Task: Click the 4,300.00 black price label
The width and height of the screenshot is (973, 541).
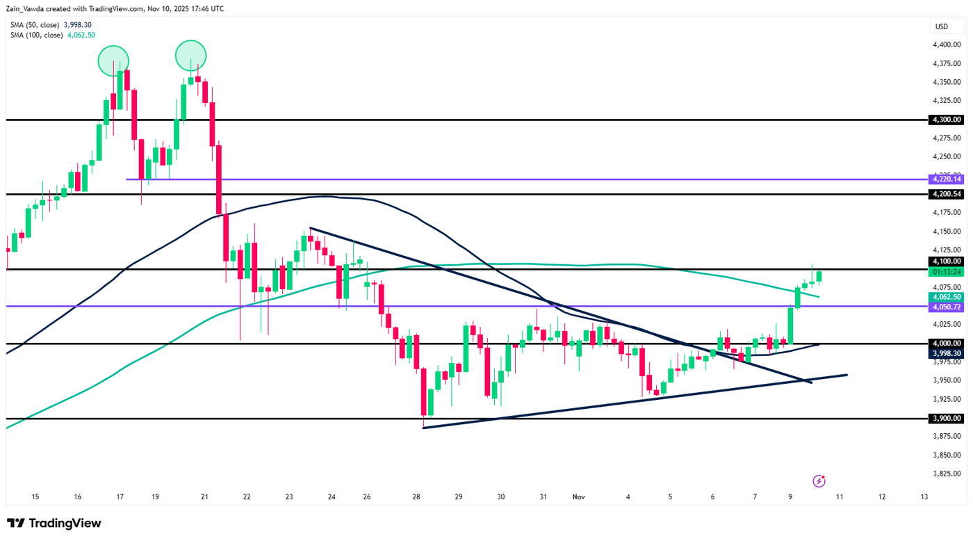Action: (947, 120)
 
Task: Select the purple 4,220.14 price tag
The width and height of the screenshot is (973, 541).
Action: (947, 179)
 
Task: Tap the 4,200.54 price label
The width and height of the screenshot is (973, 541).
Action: (947, 194)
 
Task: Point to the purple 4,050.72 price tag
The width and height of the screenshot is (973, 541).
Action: (947, 307)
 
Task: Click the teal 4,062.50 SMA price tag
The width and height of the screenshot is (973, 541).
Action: (947, 297)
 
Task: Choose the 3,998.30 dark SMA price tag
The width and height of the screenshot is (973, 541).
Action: (947, 353)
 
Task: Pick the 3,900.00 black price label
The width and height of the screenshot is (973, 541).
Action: (947, 418)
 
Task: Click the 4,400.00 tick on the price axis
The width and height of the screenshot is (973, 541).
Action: (947, 45)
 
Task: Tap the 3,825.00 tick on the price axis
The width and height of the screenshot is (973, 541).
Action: (947, 474)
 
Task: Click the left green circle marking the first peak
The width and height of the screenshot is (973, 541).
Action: (113, 60)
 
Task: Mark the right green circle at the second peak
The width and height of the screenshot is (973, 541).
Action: (190, 56)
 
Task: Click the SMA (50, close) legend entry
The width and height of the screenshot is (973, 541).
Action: (51, 25)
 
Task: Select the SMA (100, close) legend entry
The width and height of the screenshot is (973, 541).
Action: (53, 35)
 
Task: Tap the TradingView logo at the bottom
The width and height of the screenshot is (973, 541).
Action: (54, 523)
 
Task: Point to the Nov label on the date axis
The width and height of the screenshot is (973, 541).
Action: (579, 497)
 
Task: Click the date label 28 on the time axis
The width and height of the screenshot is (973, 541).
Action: (416, 497)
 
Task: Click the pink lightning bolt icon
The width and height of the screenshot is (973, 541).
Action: (819, 481)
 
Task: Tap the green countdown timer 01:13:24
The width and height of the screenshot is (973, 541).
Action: (947, 272)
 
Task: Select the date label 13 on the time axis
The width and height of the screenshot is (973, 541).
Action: (924, 497)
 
